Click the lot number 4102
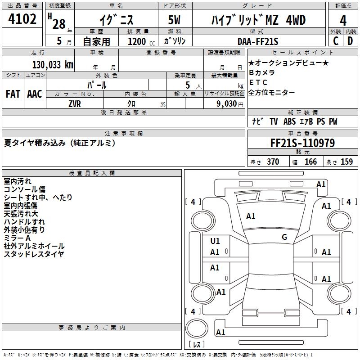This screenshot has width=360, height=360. (22, 19)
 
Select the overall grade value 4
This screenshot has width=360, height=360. (343, 20)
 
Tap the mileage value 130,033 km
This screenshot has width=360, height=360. (53, 64)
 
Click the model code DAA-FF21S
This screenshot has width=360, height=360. (258, 41)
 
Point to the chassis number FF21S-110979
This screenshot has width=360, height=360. (302, 144)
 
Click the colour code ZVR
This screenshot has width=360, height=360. (75, 103)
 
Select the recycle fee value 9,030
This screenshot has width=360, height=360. (224, 103)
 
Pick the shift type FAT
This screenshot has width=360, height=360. (13, 94)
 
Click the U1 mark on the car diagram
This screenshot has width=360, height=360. (215, 241)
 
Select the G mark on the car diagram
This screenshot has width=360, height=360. (284, 237)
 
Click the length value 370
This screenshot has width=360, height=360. (273, 162)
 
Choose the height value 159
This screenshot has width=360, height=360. (346, 162)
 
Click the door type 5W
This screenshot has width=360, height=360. (175, 20)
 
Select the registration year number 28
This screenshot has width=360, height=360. (58, 24)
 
